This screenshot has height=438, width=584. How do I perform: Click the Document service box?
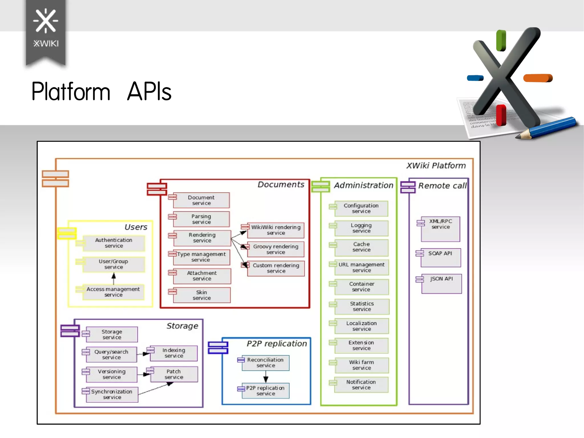click(201, 200)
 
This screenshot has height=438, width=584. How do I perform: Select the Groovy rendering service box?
click(275, 249)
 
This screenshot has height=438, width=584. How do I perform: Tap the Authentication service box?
click(114, 243)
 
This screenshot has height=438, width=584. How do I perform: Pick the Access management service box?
click(113, 292)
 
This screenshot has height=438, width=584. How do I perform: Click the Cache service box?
click(361, 247)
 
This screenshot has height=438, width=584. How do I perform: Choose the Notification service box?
click(361, 385)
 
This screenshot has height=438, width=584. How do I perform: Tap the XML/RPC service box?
click(441, 228)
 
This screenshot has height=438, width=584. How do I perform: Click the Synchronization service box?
click(112, 395)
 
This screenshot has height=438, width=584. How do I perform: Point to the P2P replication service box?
click(265, 391)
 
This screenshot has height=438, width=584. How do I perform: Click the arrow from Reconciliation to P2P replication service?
click(266, 377)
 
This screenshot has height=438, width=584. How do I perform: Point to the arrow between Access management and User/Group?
click(113, 278)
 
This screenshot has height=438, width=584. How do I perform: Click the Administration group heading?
click(364, 185)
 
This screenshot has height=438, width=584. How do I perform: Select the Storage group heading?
click(182, 326)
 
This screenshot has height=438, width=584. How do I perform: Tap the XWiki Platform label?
click(436, 165)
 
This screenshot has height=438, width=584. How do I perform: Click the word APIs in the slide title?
click(149, 92)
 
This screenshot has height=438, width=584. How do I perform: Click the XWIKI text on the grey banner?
click(46, 44)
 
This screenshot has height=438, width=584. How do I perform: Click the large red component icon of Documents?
click(157, 189)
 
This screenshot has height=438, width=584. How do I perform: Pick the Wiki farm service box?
click(361, 365)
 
